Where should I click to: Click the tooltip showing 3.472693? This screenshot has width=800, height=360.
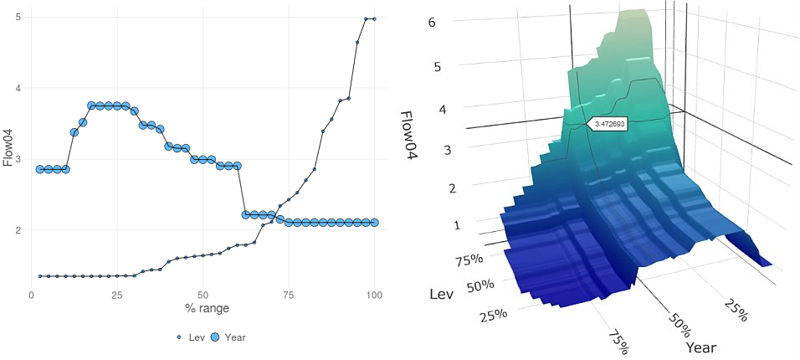tap(608, 123)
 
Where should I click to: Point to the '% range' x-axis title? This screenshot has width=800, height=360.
tap(203, 309)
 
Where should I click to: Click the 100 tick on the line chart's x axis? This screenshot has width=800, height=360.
tap(374, 295)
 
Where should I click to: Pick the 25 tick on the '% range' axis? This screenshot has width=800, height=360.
tap(117, 295)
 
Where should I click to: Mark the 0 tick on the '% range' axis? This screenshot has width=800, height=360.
tap(31, 295)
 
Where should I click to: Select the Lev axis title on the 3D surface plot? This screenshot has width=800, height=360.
tap(442, 294)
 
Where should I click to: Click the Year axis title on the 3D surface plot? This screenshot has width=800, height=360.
tap(701, 347)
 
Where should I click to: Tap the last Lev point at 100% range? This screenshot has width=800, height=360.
tap(374, 18)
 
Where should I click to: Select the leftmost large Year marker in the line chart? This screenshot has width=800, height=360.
tap(39, 169)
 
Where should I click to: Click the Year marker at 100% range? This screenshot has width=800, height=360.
tap(374, 223)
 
